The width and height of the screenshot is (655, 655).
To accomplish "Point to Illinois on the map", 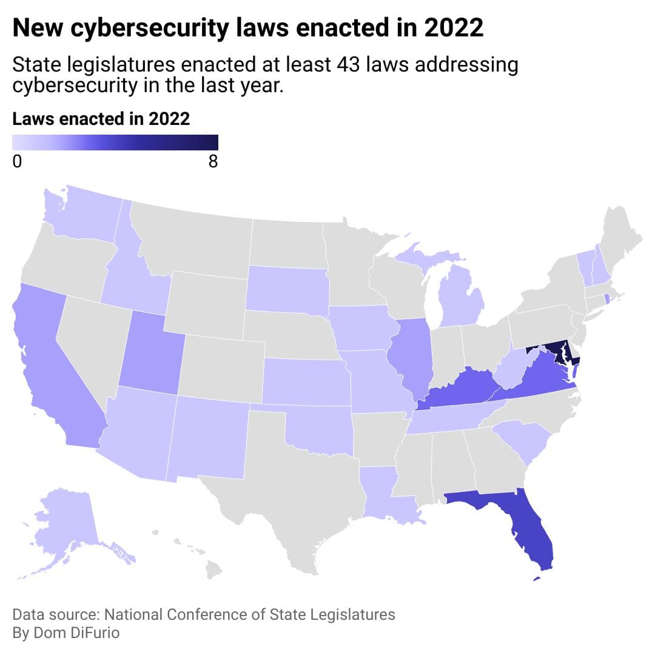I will tap(412, 358).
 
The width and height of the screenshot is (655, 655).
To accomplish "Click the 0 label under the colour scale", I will tap(17, 162).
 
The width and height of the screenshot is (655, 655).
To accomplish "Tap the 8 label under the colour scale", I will tap(213, 162).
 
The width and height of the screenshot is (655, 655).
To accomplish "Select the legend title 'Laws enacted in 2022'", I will tap(101, 119).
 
